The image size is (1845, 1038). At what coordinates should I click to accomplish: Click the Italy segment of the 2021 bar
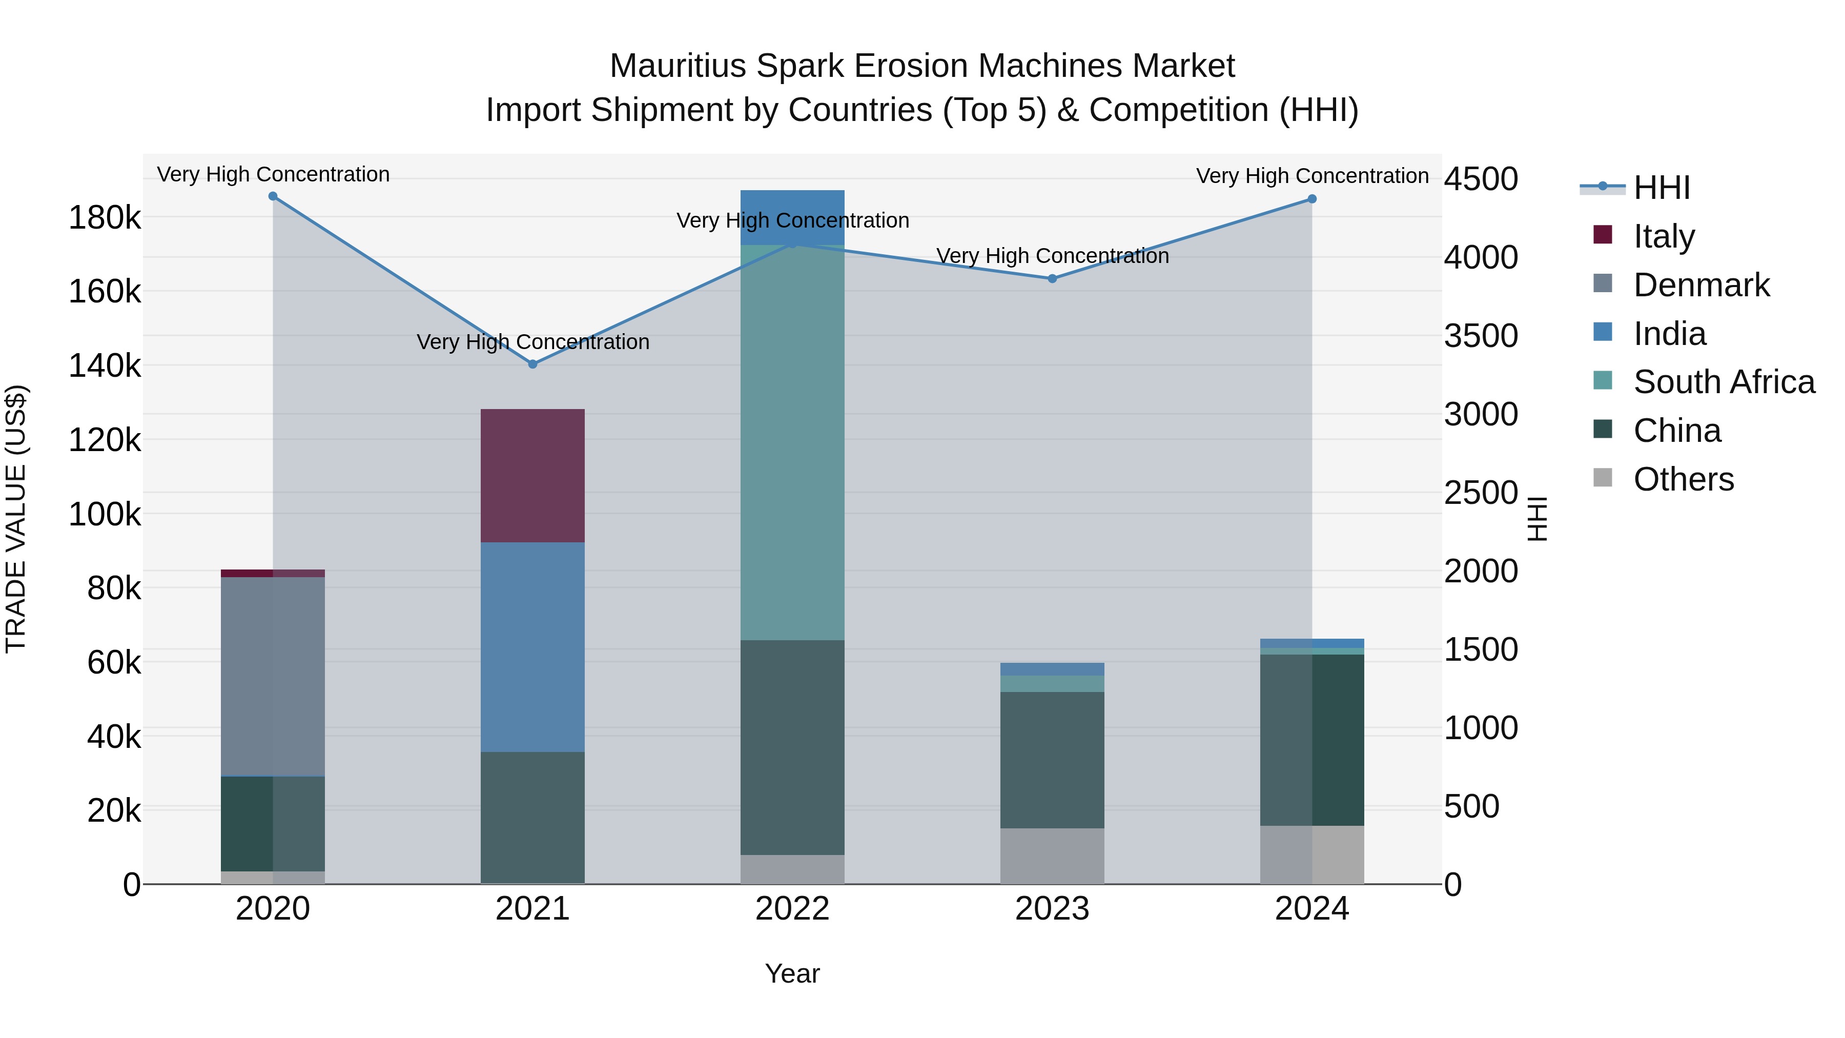coord(532,476)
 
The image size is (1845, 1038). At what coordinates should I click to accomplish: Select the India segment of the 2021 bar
coord(532,647)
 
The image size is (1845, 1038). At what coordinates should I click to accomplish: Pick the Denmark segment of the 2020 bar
coord(273,676)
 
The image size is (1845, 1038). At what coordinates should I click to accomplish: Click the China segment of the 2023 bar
coord(1052,760)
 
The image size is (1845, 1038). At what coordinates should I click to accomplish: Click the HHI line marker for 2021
coord(532,364)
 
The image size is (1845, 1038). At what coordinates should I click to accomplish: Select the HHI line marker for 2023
coord(1052,279)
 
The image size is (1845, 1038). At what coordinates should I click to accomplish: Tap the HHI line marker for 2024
coord(1312,199)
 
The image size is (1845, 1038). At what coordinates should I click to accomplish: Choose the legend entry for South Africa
coord(1723,382)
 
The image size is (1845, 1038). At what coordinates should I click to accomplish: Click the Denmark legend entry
coord(1701,285)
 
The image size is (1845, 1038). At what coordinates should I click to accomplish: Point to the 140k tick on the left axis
coord(105,366)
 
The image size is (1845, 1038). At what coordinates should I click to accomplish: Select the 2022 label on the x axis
coord(792,909)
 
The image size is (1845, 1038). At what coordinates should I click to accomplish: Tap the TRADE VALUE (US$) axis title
coord(16,519)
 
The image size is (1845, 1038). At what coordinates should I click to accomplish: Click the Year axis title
coord(792,973)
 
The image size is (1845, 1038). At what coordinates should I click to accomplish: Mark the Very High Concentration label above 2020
coord(273,174)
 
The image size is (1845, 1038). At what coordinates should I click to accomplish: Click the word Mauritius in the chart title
coord(678,66)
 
